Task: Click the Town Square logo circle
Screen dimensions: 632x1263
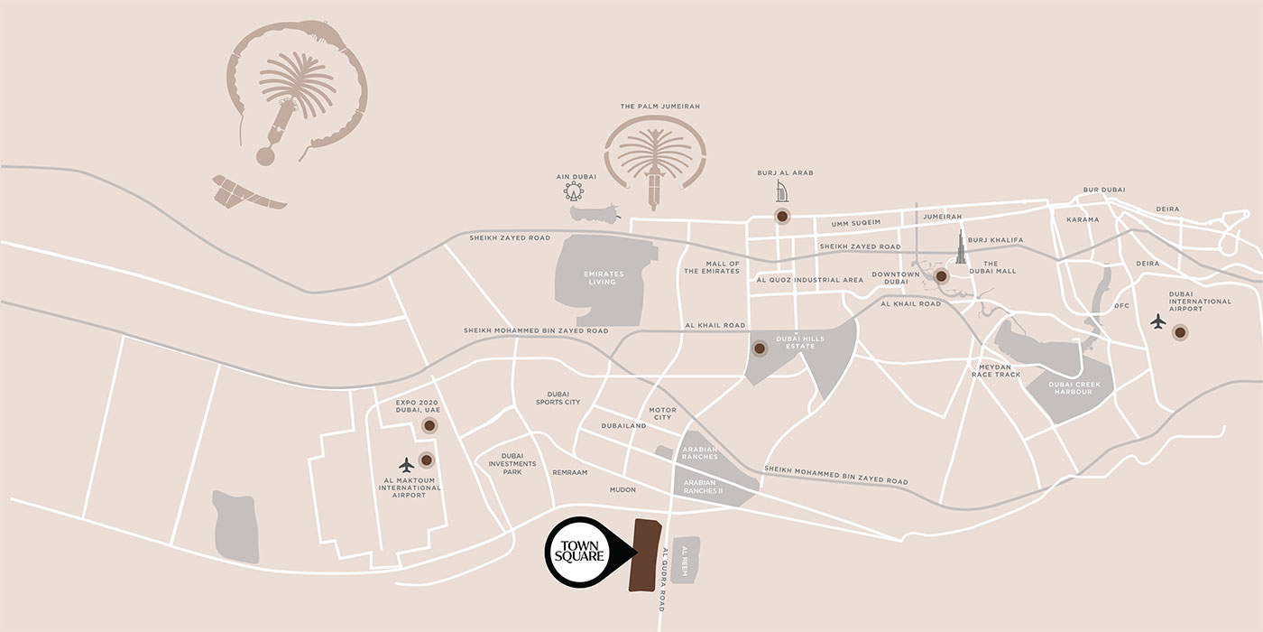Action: (x=580, y=552)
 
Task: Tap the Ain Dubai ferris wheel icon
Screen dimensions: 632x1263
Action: (x=573, y=191)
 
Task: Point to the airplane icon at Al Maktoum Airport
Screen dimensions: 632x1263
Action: (x=406, y=464)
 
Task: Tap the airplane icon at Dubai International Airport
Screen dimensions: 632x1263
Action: (x=1157, y=321)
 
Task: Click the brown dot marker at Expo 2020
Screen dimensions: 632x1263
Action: (x=429, y=425)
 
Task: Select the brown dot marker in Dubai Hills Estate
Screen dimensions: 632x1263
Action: (x=760, y=348)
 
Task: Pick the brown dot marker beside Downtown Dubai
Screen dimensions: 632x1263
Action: (x=941, y=276)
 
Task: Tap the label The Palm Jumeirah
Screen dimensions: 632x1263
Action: (x=660, y=107)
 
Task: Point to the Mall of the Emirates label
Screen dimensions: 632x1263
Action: (x=711, y=267)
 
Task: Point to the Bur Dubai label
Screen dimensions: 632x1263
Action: (x=1103, y=190)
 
